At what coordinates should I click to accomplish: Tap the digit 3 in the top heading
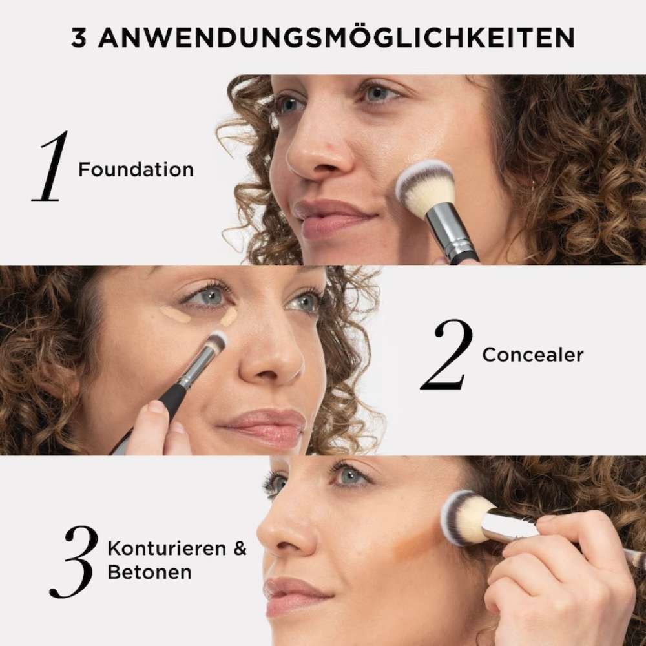(79, 38)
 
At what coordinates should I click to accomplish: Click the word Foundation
(136, 170)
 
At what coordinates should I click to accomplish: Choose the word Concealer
(533, 355)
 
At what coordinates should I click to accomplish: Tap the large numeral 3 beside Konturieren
(74, 562)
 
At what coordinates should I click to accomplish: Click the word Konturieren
(167, 548)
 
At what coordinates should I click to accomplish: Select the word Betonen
(150, 572)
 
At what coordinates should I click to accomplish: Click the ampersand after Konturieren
(240, 548)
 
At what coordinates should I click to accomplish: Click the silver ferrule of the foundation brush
(447, 231)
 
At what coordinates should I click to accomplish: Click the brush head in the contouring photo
(464, 517)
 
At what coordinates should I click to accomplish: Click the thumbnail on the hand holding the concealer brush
(156, 407)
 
